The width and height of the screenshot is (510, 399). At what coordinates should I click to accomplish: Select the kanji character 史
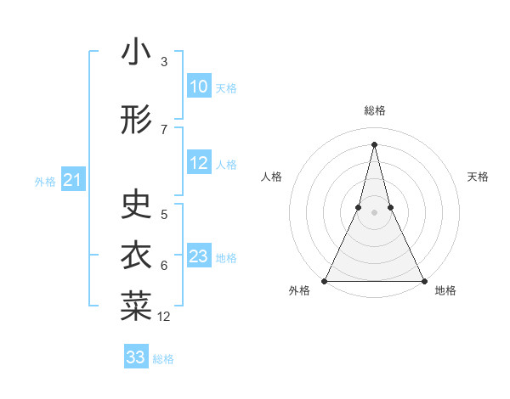click(x=136, y=205)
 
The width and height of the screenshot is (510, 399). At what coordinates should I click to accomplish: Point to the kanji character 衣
click(x=136, y=256)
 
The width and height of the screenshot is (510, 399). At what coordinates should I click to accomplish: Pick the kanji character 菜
click(x=136, y=306)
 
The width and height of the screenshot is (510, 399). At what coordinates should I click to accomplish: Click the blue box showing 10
click(x=199, y=87)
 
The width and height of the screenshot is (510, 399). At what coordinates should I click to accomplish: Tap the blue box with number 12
click(x=199, y=164)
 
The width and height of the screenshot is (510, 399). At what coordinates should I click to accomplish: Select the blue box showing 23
click(x=199, y=256)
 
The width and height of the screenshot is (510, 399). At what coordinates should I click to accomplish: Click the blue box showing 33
click(x=136, y=357)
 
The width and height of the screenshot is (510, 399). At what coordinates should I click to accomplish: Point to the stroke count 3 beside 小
click(x=164, y=62)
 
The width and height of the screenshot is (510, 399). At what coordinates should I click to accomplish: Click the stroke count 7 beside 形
click(x=164, y=129)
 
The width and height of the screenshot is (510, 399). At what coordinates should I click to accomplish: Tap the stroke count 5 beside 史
click(x=164, y=214)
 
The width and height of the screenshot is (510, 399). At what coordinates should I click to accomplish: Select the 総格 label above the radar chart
click(x=375, y=110)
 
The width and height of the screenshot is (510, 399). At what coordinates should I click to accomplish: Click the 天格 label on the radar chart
click(x=479, y=177)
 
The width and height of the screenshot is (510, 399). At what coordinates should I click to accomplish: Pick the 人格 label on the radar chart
click(x=271, y=177)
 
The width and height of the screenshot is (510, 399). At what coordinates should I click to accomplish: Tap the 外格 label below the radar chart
click(x=299, y=291)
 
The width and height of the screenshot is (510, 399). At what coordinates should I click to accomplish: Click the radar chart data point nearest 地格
click(x=423, y=280)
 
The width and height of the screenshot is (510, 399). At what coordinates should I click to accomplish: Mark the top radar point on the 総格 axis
click(x=374, y=143)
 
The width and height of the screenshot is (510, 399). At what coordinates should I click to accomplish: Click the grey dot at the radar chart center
click(x=374, y=212)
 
